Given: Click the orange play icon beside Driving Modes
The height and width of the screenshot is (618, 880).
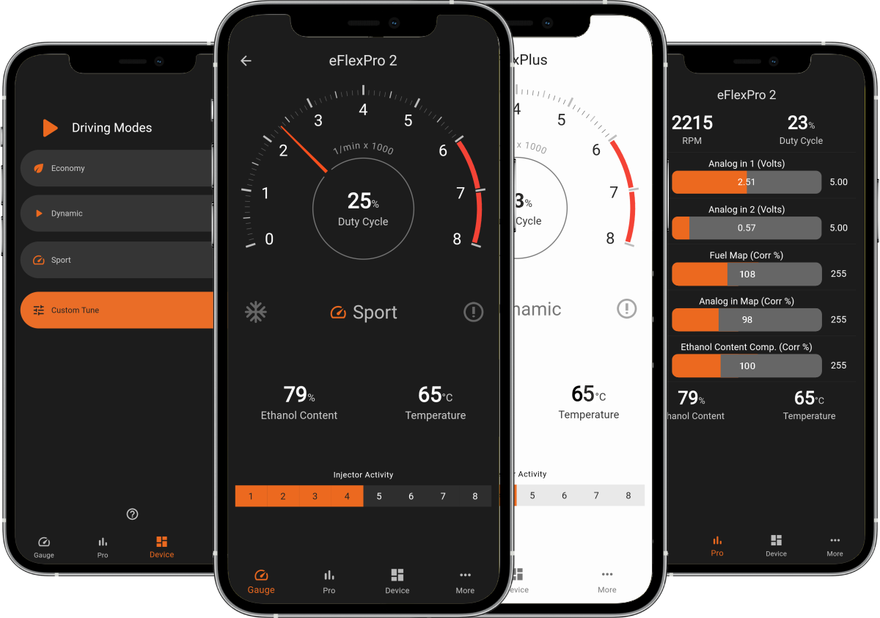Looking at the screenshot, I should [x=50, y=128].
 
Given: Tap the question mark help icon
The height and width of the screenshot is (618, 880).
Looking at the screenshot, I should [x=133, y=514].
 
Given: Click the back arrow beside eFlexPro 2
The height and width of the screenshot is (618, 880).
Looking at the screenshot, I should [x=246, y=61].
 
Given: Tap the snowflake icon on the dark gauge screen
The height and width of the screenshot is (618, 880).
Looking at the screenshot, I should [x=256, y=312].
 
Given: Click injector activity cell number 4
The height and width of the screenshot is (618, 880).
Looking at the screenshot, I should [x=347, y=496].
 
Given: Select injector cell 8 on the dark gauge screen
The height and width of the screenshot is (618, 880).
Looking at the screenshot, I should [x=474, y=496].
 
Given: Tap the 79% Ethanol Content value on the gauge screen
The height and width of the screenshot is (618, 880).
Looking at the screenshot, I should [x=298, y=403].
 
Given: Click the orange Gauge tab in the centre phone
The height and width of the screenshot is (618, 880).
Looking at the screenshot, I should [x=261, y=581].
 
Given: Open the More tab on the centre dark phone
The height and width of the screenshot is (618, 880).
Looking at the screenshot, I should [x=465, y=581].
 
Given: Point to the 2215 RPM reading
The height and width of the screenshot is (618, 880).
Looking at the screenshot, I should [x=692, y=128].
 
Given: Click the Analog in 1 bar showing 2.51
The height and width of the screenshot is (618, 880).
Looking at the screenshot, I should [x=747, y=182].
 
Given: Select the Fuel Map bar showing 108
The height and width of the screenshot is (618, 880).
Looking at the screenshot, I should [x=747, y=274].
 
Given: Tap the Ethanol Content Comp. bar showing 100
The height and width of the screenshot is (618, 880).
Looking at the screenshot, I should [x=747, y=366].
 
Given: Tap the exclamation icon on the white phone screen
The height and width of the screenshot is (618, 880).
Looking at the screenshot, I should [x=626, y=308].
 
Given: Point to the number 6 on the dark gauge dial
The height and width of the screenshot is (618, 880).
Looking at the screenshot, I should [x=443, y=150].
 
